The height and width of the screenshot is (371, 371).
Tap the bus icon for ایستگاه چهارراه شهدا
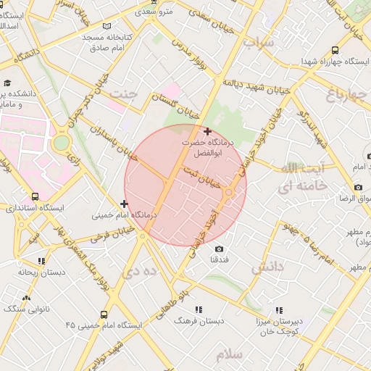334,50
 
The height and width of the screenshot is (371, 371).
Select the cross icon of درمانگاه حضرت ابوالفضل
208,131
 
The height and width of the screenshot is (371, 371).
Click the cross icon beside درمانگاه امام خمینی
125,204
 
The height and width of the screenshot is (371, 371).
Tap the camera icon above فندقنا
220,249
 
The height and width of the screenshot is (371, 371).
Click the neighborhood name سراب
259,43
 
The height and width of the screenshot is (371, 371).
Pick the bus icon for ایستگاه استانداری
36,196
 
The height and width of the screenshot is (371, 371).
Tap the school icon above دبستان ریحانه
41,261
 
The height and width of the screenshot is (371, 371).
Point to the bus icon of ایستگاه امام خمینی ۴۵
104,314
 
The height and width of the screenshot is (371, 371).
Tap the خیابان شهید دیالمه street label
257,85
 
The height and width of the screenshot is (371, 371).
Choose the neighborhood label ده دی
141,271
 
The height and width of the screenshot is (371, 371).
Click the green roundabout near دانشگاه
62,142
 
